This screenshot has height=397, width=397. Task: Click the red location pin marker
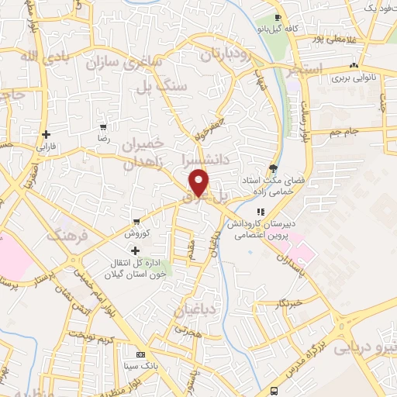click(x=200, y=183)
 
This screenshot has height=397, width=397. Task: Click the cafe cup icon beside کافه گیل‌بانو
click(x=278, y=17)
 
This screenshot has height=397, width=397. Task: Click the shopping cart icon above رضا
click(x=102, y=126)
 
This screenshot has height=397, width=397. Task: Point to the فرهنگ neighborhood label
click(x=64, y=233)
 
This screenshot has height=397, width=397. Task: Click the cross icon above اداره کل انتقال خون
click(x=136, y=250)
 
